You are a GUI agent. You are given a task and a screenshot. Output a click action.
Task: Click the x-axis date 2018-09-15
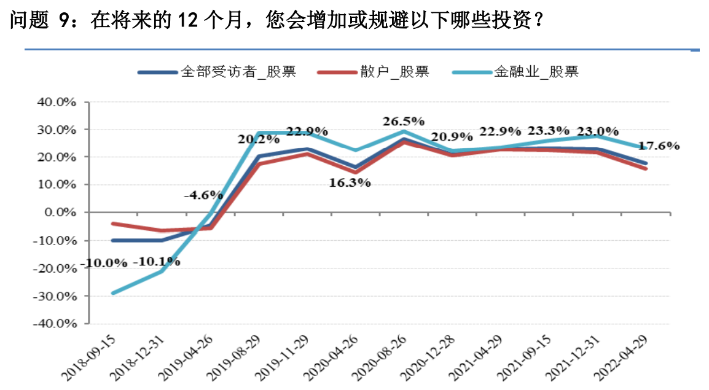(90, 359)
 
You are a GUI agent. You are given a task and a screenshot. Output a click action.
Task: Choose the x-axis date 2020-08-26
(384, 359)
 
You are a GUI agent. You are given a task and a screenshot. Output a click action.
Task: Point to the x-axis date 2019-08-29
(237, 359)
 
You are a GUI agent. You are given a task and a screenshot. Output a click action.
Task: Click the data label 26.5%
(403, 120)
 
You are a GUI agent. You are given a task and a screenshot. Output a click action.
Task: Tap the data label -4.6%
(203, 195)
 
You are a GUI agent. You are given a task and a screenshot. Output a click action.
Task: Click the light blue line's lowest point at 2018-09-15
(113, 293)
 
